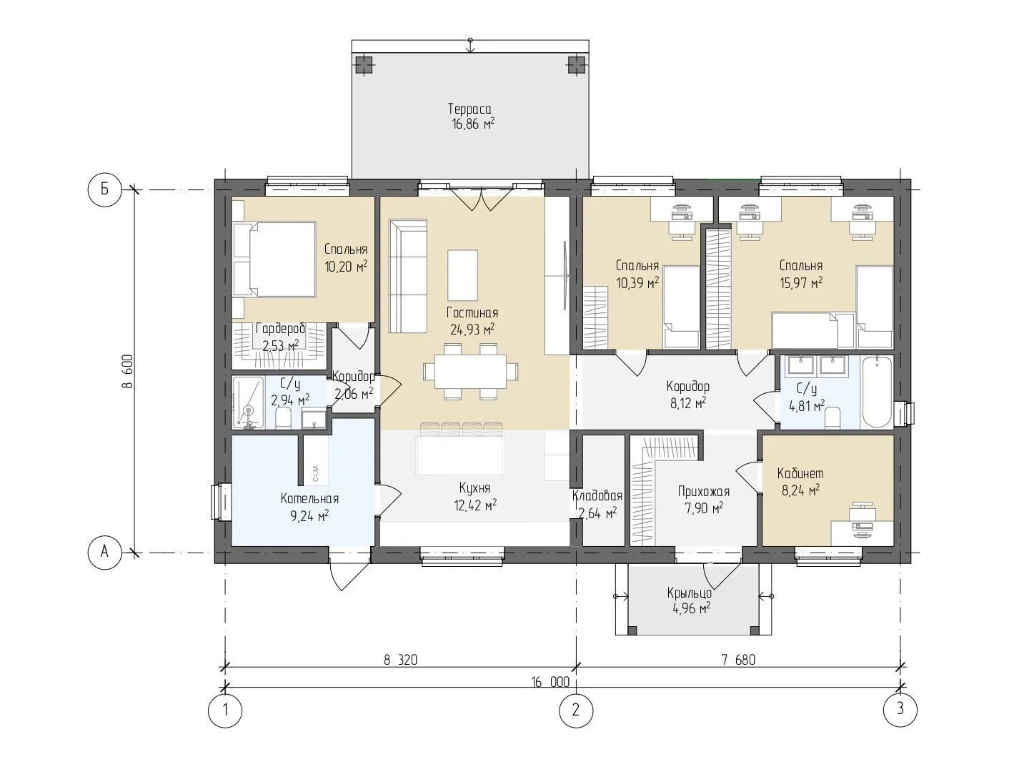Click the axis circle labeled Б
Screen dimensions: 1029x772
(x=105, y=190)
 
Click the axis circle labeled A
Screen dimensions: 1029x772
(x=105, y=552)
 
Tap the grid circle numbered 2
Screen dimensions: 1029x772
(x=576, y=710)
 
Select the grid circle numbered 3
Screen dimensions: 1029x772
(x=900, y=709)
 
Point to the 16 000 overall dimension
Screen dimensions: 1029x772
(x=550, y=682)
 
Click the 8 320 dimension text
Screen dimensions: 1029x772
(x=400, y=660)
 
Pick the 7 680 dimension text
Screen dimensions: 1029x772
(x=739, y=660)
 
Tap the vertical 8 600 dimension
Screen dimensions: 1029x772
(x=127, y=371)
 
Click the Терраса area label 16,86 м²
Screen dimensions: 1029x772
(x=473, y=124)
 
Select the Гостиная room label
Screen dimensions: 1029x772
(x=472, y=312)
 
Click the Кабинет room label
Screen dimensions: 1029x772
(x=800, y=473)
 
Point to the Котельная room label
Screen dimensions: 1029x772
(x=309, y=499)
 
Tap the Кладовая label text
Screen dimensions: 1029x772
(x=597, y=495)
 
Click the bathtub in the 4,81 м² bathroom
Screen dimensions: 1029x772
(x=877, y=392)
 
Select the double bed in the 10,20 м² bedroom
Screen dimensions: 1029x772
(x=274, y=259)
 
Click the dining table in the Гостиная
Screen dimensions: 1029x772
(x=471, y=371)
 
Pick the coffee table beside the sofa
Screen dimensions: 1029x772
(x=463, y=275)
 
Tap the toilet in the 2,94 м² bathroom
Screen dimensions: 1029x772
(x=284, y=418)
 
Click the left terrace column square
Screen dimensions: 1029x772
(x=364, y=65)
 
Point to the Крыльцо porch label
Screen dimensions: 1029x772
(x=690, y=593)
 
